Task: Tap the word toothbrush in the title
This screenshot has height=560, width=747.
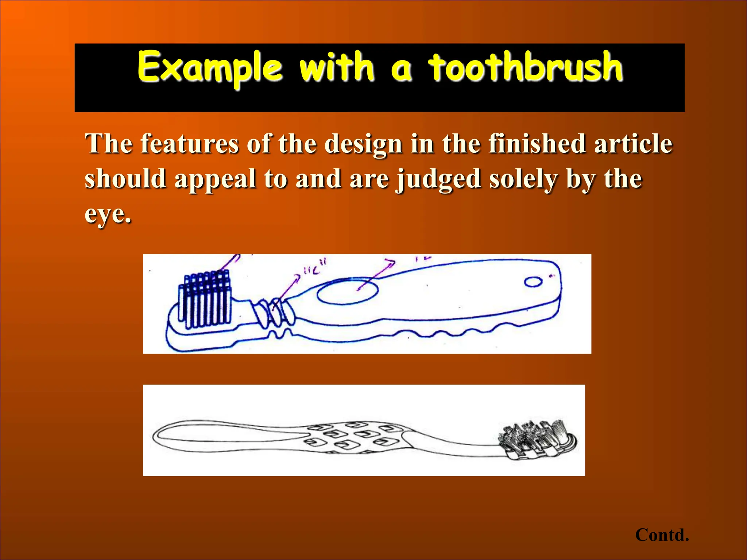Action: [x=525, y=67]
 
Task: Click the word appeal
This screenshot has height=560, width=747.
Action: [x=215, y=179]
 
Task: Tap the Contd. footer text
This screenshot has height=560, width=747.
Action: [x=662, y=535]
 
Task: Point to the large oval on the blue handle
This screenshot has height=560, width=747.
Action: [x=347, y=291]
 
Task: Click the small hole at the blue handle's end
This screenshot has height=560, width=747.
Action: [x=533, y=282]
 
